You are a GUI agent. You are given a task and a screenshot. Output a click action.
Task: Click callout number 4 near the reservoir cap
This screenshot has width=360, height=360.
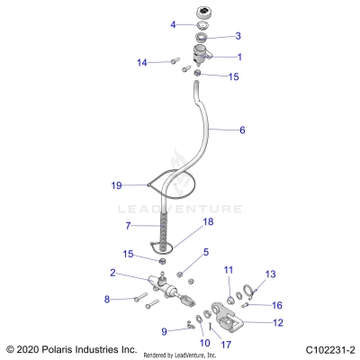174,25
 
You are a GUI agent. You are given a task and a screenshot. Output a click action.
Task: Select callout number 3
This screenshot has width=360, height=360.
238,37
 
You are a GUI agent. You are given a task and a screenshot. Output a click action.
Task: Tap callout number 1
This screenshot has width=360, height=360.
238,57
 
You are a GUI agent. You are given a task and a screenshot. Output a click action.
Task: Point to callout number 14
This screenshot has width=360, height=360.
141,63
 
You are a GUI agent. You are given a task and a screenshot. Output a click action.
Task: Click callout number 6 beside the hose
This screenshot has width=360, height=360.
241,130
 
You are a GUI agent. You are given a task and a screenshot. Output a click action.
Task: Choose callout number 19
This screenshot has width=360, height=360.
116,185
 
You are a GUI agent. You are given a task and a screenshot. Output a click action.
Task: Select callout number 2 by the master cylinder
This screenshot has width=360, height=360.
112,273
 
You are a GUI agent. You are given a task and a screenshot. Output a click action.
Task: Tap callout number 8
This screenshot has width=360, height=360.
107,299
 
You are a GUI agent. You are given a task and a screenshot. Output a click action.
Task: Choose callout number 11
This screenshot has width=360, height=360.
229,270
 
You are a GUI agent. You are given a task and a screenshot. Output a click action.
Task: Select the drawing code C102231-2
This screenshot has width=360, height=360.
329,349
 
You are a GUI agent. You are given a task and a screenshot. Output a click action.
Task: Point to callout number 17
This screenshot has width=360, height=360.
227,342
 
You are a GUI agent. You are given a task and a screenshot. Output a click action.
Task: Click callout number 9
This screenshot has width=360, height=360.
164,331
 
